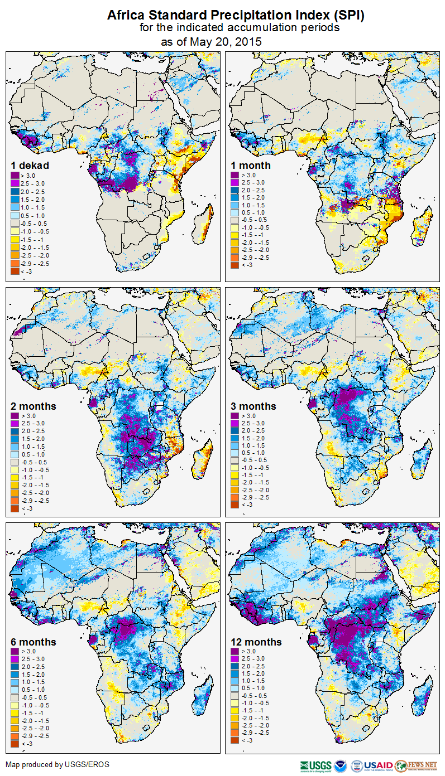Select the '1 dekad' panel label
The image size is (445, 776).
pyautogui.click(x=30, y=165)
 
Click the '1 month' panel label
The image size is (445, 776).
pyautogui.click(x=251, y=165)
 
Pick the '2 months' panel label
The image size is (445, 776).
pyautogui.click(x=34, y=406)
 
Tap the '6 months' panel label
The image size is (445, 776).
pyautogui.click(x=34, y=642)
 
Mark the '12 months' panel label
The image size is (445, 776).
pyautogui.click(x=256, y=642)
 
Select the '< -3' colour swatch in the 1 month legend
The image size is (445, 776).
pyautogui.click(x=235, y=265)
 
